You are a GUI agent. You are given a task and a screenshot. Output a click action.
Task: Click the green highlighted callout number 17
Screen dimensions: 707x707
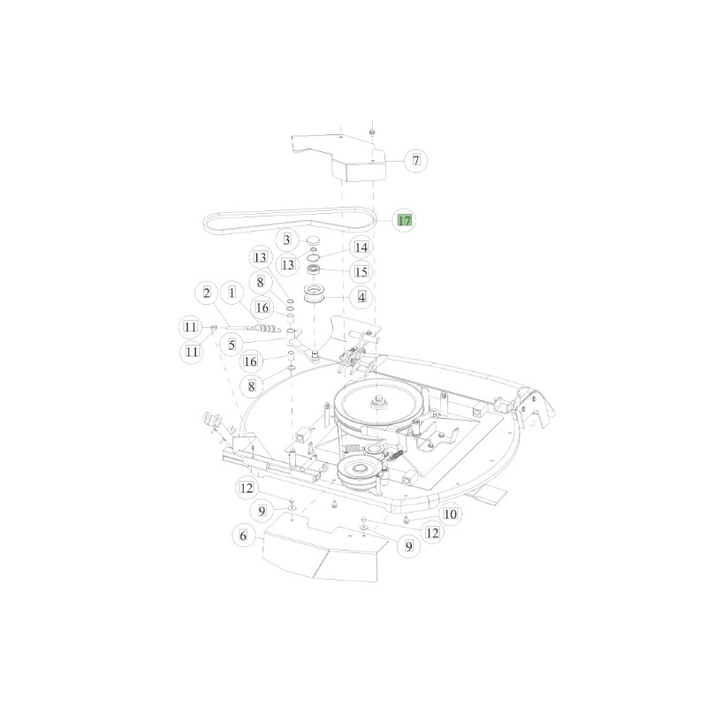pos(403,220)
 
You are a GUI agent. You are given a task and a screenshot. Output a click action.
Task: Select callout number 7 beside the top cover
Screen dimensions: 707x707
pos(415,160)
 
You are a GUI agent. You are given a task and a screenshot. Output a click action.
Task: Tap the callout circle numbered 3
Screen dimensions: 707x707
pos(286,239)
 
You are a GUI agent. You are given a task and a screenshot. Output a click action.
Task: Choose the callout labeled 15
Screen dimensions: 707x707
pos(361,271)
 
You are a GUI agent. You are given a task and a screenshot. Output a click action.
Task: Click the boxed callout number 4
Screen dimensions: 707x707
pos(361,296)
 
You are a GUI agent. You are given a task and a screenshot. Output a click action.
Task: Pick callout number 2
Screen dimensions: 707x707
pos(207,292)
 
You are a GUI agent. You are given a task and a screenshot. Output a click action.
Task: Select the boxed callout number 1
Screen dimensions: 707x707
pos(232,292)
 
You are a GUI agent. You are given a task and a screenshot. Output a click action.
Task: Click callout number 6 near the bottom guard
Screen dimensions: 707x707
pos(239,535)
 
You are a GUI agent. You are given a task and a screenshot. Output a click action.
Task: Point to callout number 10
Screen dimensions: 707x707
pos(450,513)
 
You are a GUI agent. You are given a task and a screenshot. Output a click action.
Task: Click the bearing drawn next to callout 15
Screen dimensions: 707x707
pos(314,269)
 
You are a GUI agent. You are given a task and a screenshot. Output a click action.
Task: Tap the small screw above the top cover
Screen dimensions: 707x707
pos(372,132)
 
